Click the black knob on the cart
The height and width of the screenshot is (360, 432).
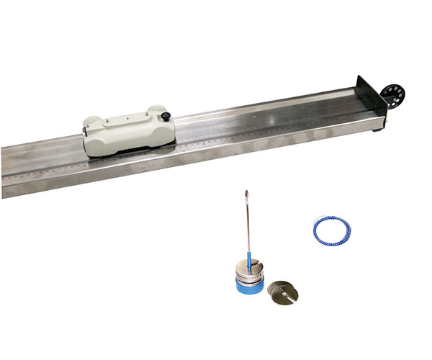tap(166, 117)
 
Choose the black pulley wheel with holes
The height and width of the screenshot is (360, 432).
tap(392, 94)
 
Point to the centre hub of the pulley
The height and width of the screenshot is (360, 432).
tap(392, 94)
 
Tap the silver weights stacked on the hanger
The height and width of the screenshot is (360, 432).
tap(248, 276)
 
